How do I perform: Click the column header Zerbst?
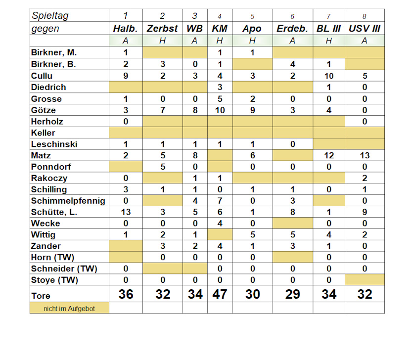tap(162, 29)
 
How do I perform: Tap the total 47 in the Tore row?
tap(220, 294)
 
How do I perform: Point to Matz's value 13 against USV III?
tap(365, 155)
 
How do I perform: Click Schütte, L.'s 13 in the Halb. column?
tap(126, 212)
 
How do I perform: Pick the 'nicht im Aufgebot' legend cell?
tap(69, 309)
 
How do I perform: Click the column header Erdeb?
tap(292, 29)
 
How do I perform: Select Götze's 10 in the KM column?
tap(220, 110)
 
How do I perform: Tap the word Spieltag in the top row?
tap(50, 15)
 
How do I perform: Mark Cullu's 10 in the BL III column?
tap(329, 76)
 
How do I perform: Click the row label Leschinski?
tap(54, 144)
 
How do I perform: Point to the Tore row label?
tap(41, 296)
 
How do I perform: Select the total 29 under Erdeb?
tap(292, 294)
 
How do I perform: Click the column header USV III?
tap(365, 29)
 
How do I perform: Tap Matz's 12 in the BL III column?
tap(329, 155)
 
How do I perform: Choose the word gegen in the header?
tap(45, 29)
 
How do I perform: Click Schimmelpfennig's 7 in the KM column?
tap(220, 201)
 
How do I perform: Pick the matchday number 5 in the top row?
tap(252, 16)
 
